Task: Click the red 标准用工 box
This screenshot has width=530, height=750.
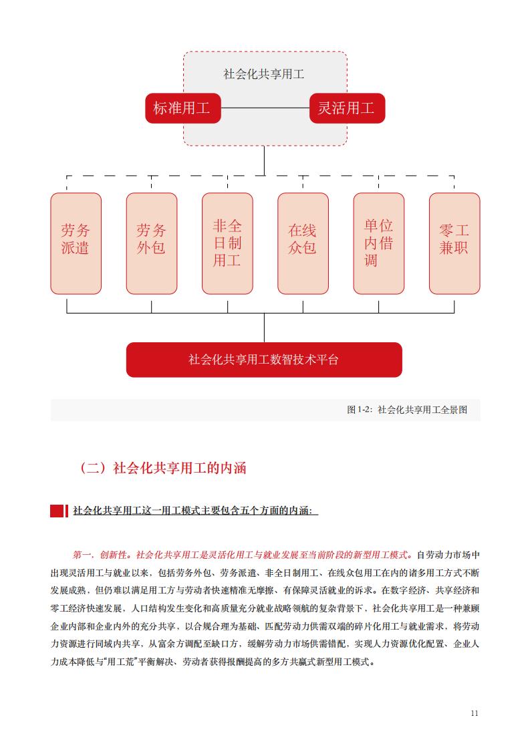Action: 182,108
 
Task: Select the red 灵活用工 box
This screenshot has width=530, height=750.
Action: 347,108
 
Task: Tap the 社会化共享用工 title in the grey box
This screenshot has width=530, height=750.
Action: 263,74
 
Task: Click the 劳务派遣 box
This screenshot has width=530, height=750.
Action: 76,243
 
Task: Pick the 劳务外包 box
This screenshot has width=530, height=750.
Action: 152,243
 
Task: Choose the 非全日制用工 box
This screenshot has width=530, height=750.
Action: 227,243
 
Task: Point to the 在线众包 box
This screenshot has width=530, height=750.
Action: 303,243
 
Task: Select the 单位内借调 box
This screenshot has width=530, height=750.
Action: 379,243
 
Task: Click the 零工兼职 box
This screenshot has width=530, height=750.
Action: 454,243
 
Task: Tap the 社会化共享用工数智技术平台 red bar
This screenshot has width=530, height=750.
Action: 264,360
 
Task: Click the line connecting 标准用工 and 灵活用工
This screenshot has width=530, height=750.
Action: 265,108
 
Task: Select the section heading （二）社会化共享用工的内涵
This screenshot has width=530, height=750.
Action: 162,467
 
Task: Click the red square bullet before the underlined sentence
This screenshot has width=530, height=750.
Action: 57,511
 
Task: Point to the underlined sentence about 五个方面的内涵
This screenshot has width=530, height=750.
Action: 195,511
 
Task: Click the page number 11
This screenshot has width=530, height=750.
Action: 475,713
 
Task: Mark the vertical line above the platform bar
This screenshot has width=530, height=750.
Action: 264,328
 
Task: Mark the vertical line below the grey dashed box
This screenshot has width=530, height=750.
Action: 264,160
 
